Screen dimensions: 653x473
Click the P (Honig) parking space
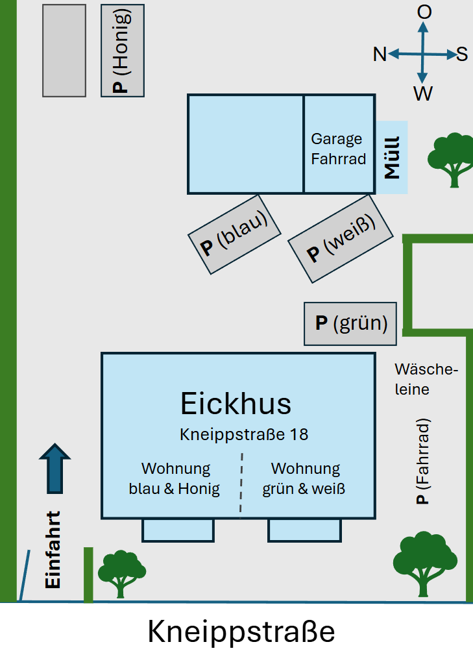click(x=123, y=51)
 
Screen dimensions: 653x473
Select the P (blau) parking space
click(x=235, y=232)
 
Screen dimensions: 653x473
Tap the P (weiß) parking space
click(x=341, y=238)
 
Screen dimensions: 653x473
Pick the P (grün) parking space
click(x=350, y=323)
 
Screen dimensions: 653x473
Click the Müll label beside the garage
click(x=393, y=157)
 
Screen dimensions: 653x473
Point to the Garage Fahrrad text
click(x=338, y=149)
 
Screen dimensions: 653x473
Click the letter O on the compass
click(x=424, y=12)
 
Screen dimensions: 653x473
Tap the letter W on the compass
click(x=423, y=95)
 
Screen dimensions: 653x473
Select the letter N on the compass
click(x=380, y=55)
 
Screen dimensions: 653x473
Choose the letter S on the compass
click(x=462, y=54)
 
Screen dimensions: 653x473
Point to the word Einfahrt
click(x=53, y=550)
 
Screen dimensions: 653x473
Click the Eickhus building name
click(x=236, y=403)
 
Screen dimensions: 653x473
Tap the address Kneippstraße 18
click(x=243, y=434)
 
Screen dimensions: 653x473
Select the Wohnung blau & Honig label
click(x=175, y=478)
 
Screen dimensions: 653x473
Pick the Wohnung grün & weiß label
click(x=304, y=478)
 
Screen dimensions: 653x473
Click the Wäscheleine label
click(x=426, y=379)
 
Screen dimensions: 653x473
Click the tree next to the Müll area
click(x=450, y=158)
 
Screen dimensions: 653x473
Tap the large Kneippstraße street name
click(x=241, y=631)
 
